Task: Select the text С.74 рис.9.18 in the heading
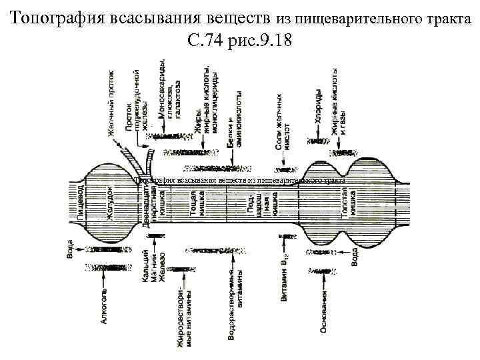point(240,41)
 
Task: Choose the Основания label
point(323,311)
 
